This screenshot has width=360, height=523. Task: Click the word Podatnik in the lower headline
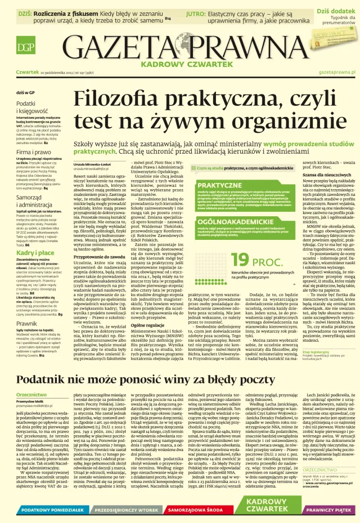[55, 379]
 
